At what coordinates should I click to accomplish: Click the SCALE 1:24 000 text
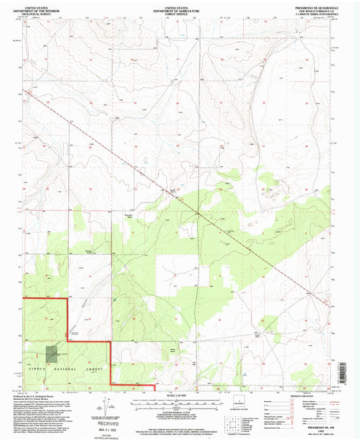[x=180, y=394]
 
